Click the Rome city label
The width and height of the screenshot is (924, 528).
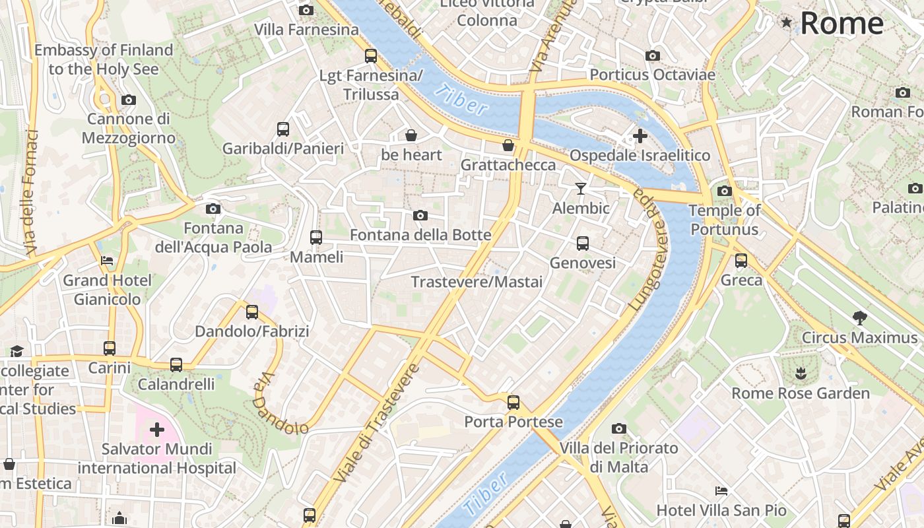coord(841,23)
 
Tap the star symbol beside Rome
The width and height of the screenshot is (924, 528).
coord(786,23)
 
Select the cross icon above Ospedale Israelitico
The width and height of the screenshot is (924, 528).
coord(640,136)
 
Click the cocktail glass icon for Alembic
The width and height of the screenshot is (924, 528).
coord(581,189)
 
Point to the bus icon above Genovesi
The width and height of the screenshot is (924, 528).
coord(582,244)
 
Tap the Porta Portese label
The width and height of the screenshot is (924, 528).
coord(513,422)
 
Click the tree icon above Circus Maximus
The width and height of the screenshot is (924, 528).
coord(859,318)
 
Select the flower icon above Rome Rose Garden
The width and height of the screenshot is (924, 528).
coord(801,374)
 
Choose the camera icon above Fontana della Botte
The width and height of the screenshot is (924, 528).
coord(420,216)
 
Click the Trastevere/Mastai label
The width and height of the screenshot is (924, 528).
coord(477,282)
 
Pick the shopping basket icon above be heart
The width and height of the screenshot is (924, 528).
coord(411,136)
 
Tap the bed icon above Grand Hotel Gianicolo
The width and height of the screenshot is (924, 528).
coord(107,261)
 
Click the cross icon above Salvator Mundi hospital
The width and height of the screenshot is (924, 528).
coord(156,430)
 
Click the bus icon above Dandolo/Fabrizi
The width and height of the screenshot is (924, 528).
coord(251,312)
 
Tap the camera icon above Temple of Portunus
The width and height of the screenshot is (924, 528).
coord(724,191)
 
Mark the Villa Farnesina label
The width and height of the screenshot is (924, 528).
coord(306,30)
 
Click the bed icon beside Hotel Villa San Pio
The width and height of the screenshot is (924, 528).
coord(721,491)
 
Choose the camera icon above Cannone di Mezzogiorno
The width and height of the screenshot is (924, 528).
coord(128,100)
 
